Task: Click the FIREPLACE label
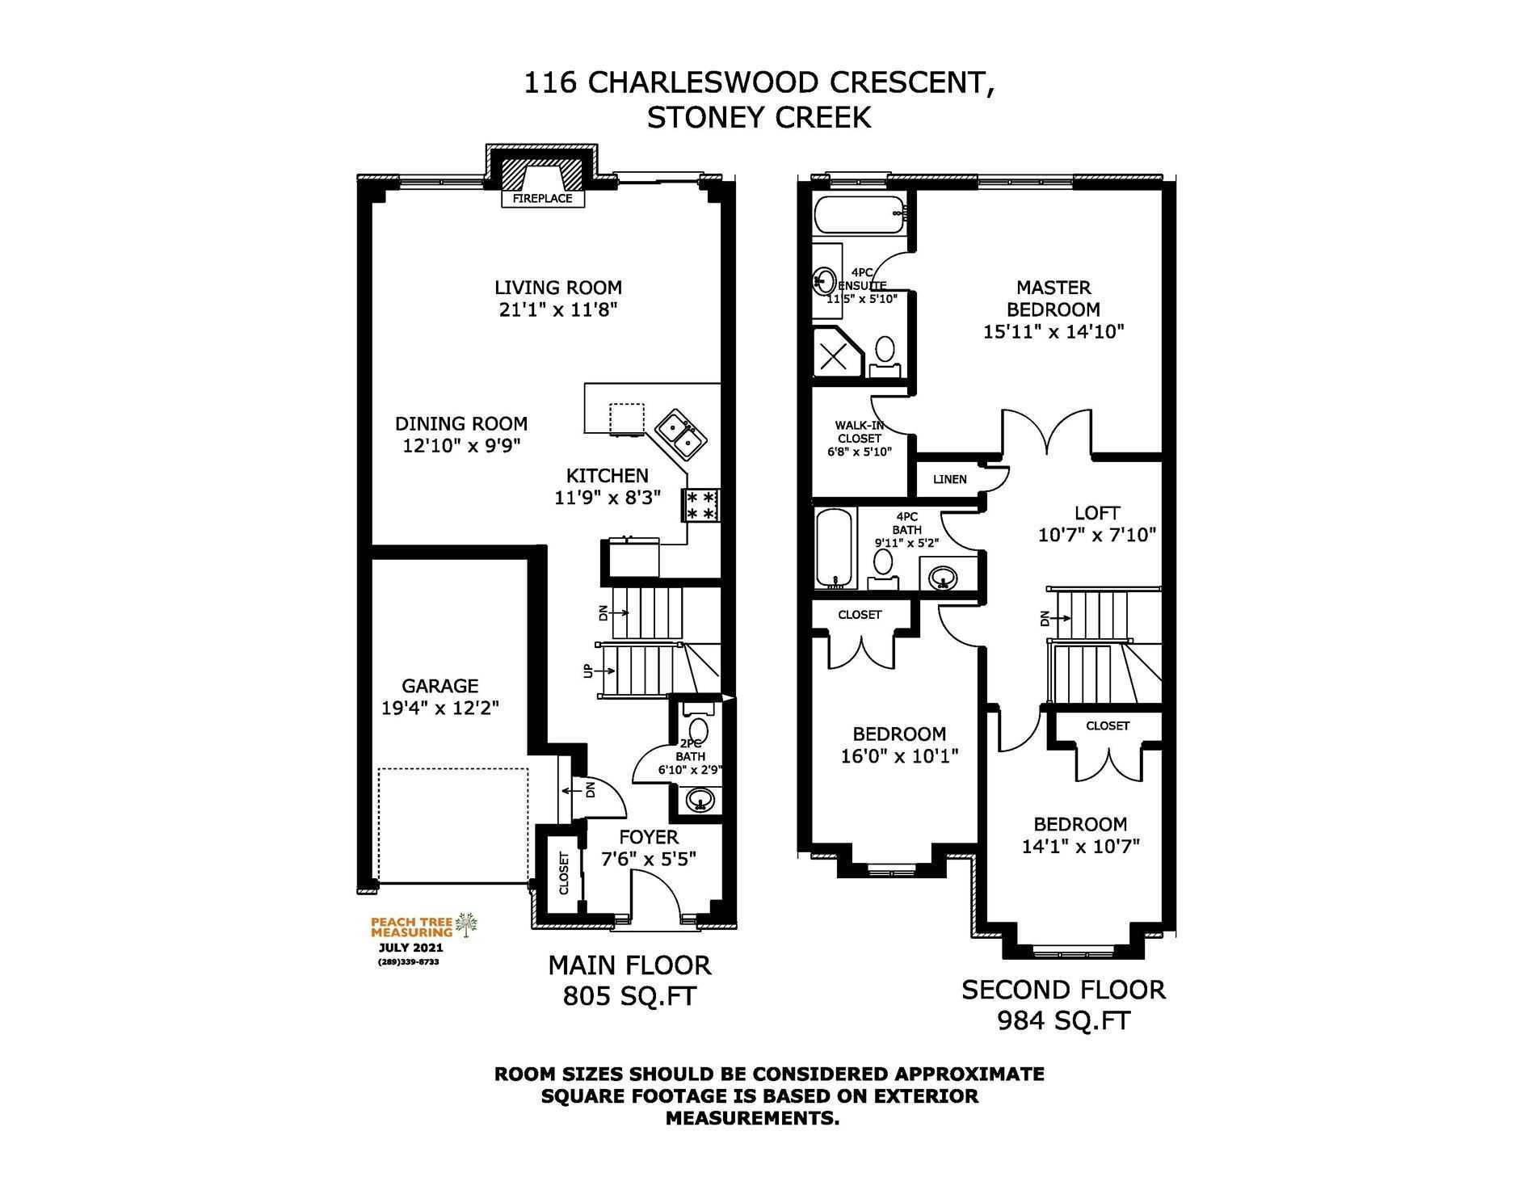point(542,198)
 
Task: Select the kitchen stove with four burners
point(700,506)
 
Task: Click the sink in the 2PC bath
point(700,800)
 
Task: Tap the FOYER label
point(649,837)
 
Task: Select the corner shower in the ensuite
point(838,354)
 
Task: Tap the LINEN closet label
point(949,479)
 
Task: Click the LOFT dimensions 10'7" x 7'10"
point(1097,535)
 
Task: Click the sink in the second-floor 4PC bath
point(942,577)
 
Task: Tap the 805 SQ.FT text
point(629,997)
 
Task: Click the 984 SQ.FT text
point(1063,1021)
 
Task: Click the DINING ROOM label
point(461,423)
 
